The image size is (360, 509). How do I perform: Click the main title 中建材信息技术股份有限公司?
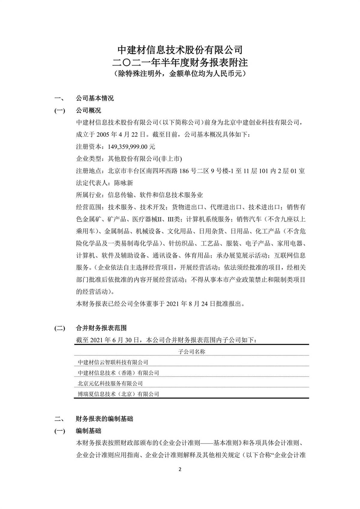[x=180, y=49]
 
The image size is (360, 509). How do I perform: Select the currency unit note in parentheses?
[x=180, y=74]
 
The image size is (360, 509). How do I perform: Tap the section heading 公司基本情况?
[x=95, y=98]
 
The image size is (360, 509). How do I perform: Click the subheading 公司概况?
[x=88, y=110]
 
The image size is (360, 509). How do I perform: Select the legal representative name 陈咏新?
[x=124, y=183]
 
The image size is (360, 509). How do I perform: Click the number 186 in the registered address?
[x=184, y=171]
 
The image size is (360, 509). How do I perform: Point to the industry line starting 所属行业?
[x=139, y=195]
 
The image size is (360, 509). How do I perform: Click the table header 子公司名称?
[x=192, y=351]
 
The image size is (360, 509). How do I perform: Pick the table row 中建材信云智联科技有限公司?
[x=113, y=362]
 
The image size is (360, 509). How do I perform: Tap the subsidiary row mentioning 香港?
[x=118, y=373]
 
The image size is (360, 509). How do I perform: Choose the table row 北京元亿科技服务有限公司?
[x=110, y=383]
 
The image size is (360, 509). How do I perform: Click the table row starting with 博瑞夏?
[x=118, y=394]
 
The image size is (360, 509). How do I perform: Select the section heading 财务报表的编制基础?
[x=104, y=419]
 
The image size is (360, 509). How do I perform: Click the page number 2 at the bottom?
[x=180, y=469]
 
